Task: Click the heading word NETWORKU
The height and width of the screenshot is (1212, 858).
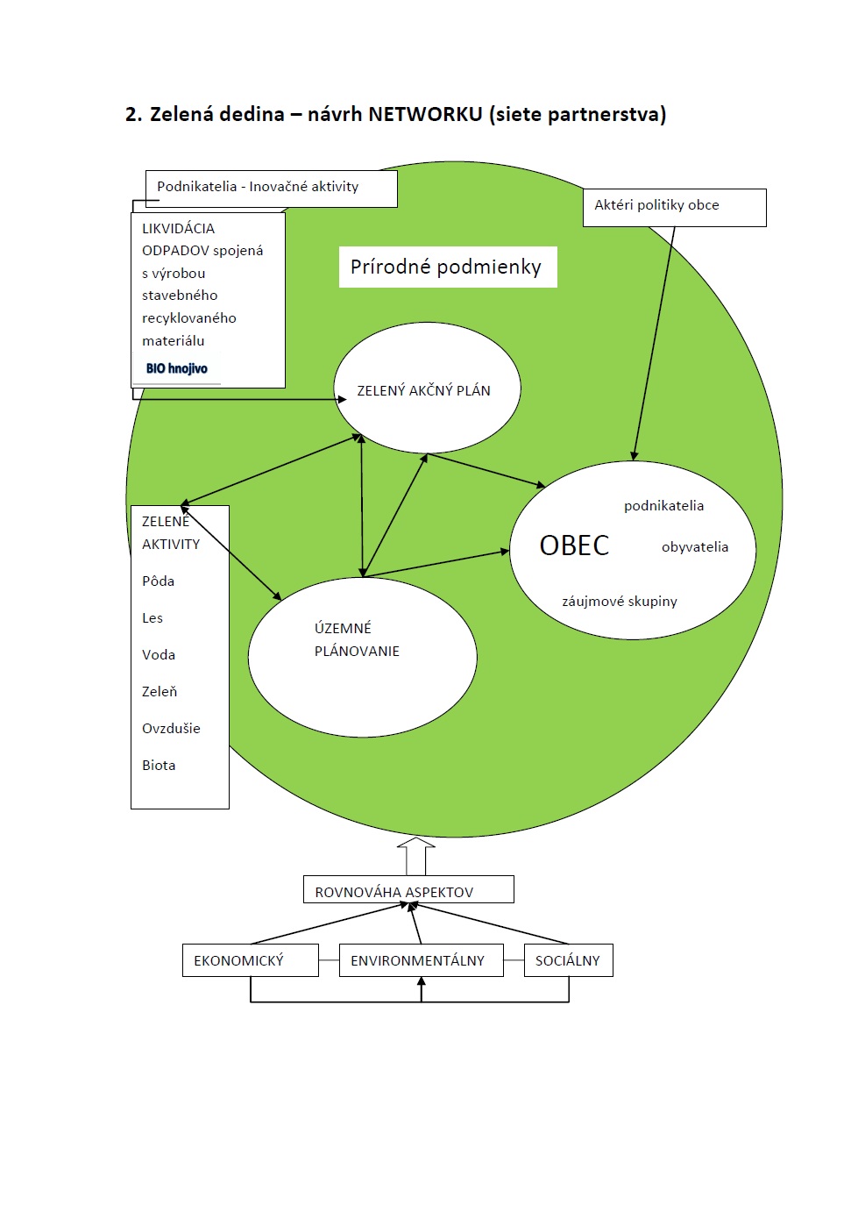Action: tap(425, 114)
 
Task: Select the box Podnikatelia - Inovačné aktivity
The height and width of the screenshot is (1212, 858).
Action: tap(271, 188)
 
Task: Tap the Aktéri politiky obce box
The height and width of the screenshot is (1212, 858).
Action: tap(674, 207)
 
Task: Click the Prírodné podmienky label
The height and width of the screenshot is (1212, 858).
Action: tap(447, 267)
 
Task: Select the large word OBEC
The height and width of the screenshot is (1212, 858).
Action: tap(574, 545)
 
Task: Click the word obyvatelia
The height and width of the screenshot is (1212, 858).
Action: tap(694, 547)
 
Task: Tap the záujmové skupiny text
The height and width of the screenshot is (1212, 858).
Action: tap(619, 602)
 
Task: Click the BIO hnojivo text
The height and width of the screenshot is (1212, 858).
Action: tap(177, 368)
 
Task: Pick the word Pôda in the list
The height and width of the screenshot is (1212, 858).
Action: tap(158, 581)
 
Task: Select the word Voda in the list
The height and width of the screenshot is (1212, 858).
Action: tap(159, 655)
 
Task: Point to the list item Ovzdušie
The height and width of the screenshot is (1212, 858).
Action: tap(171, 729)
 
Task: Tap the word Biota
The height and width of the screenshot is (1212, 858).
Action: tap(159, 766)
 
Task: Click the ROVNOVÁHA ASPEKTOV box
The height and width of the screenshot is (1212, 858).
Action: tap(408, 890)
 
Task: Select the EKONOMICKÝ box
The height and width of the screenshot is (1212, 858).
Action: tap(250, 960)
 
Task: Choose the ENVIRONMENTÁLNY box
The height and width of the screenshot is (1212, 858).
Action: tap(421, 960)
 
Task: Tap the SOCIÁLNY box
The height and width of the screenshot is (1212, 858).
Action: tap(568, 960)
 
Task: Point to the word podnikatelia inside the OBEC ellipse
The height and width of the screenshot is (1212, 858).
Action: tap(663, 506)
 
